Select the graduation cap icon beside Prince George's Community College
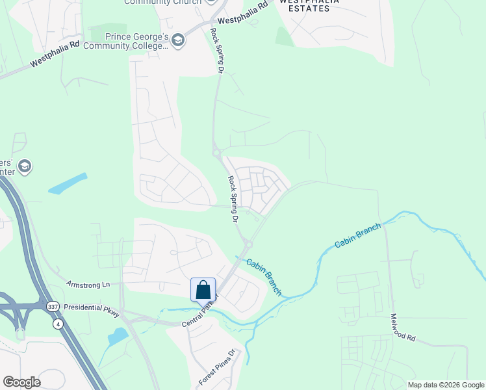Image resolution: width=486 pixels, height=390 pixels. (x=178, y=41)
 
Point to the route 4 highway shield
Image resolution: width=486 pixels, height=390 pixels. (x=58, y=323)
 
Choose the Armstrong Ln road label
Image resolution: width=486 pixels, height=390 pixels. (x=88, y=285)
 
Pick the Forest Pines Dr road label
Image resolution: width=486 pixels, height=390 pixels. (x=217, y=367)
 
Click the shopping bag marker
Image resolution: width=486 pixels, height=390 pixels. (x=203, y=289)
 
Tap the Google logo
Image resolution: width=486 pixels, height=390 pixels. (x=21, y=382)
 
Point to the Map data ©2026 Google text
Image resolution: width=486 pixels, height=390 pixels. (x=446, y=385)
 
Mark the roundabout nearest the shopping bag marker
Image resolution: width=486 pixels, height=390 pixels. (x=247, y=244)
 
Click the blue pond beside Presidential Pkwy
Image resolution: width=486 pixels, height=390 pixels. (x=118, y=336)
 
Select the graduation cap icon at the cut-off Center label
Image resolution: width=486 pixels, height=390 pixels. (x=25, y=166)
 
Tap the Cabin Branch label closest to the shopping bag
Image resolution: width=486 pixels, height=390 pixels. (x=264, y=276)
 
